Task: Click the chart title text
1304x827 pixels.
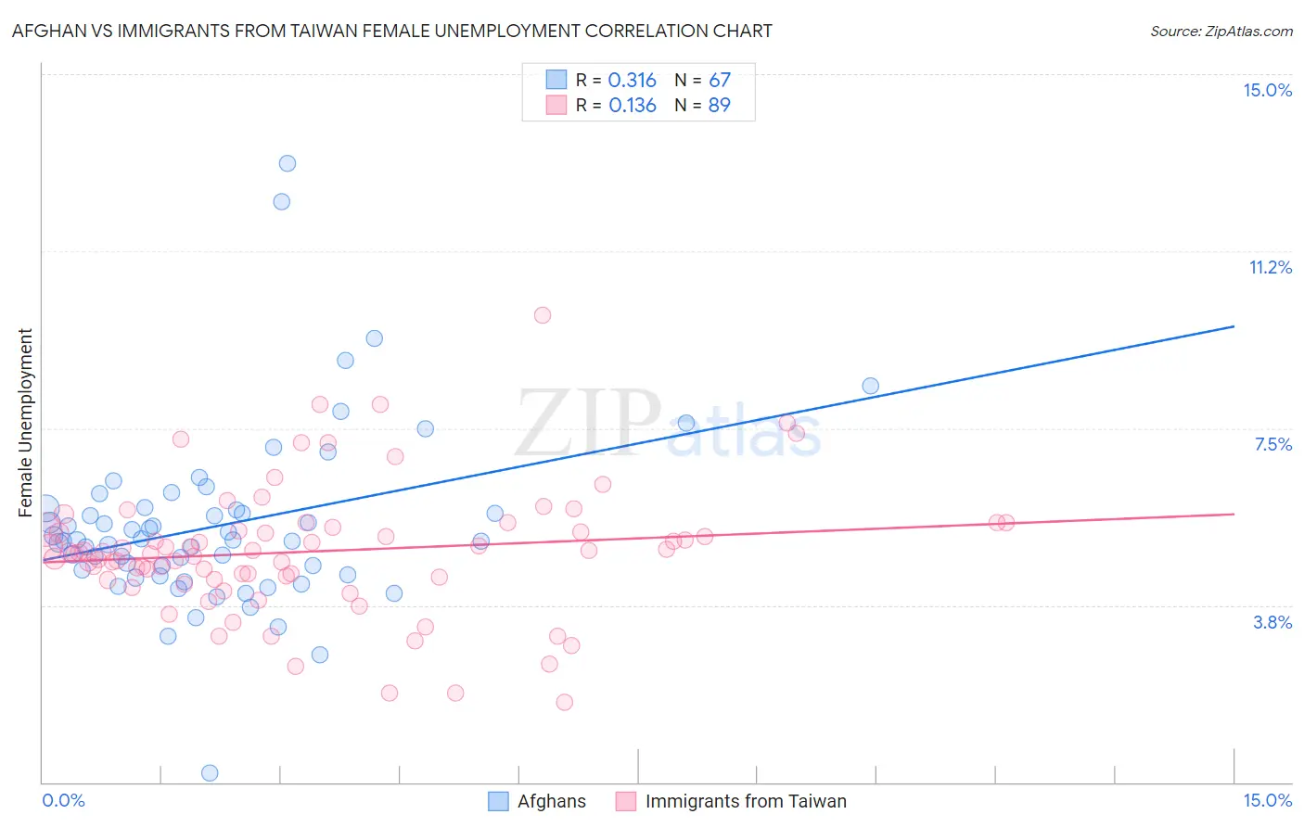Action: coord(390,32)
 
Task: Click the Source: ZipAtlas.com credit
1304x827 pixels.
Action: coord(1221,32)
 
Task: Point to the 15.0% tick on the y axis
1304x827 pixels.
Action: coord(1267,90)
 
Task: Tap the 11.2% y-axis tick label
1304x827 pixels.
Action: coord(1270,267)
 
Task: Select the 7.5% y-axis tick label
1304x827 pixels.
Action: coord(1272,444)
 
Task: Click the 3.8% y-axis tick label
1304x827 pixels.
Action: coord(1272,622)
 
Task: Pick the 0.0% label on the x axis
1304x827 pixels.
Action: coord(63,800)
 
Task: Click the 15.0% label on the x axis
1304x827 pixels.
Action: coord(1267,800)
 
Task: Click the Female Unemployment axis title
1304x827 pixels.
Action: coord(25,422)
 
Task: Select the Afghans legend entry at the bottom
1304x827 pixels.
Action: coord(538,801)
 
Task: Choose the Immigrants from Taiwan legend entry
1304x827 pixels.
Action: coord(732,801)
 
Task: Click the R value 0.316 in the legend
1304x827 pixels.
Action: coord(633,81)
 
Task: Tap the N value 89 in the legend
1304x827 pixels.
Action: coord(719,106)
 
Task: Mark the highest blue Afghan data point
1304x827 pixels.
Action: coord(288,163)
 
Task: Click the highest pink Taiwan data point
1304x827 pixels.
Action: coord(543,315)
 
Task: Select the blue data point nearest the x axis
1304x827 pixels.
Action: coord(210,772)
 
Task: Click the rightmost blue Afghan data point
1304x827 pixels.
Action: coord(870,386)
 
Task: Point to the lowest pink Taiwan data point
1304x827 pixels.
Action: coord(564,702)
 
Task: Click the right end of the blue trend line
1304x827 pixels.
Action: coord(1234,326)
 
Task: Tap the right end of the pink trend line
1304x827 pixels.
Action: coord(1234,514)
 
